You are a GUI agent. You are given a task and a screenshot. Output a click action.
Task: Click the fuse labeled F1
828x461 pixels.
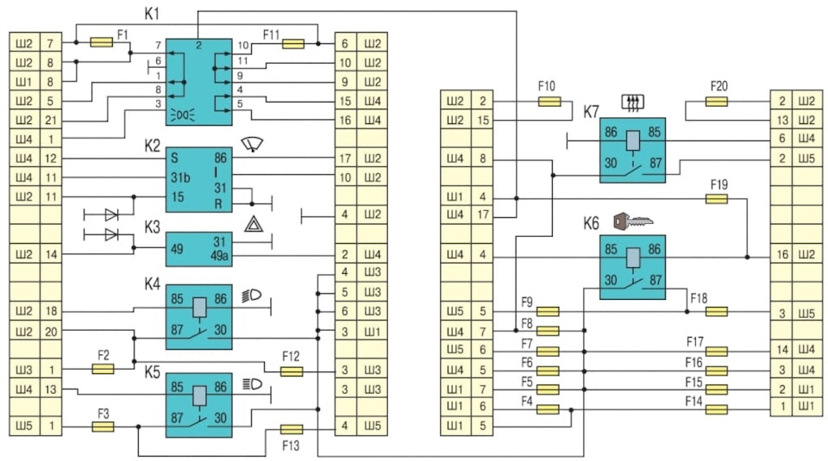click(x=101, y=42)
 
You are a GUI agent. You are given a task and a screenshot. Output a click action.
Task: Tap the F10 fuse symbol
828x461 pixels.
click(x=549, y=102)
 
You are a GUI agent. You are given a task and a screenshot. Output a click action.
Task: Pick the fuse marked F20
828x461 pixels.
click(x=718, y=102)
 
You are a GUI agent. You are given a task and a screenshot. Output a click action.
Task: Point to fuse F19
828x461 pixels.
click(x=718, y=198)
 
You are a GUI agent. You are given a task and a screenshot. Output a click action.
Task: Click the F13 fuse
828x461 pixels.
click(x=292, y=428)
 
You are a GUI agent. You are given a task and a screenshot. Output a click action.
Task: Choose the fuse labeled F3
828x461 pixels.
click(x=101, y=426)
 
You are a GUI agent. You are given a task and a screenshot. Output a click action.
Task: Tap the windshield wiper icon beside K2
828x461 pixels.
click(x=254, y=144)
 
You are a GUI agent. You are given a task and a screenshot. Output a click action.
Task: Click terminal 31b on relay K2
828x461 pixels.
click(x=179, y=178)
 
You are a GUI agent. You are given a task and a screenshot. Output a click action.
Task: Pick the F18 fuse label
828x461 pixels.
click(x=699, y=297)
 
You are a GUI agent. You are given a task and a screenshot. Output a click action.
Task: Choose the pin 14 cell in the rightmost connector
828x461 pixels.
click(x=781, y=350)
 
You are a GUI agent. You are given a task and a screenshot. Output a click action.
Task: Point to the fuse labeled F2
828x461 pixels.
click(x=101, y=368)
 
